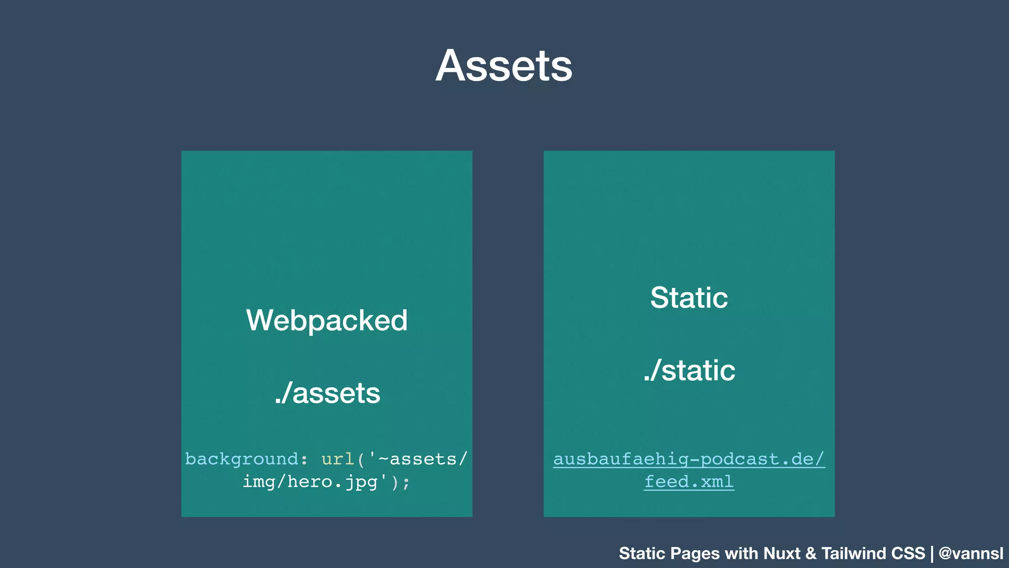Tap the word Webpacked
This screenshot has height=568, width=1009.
pyautogui.click(x=327, y=320)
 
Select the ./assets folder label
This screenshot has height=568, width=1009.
pyautogui.click(x=327, y=393)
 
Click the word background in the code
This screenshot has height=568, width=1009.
pyautogui.click(x=242, y=459)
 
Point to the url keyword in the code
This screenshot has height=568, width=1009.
pyautogui.click(x=338, y=459)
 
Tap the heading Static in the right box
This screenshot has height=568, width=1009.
pyautogui.click(x=689, y=297)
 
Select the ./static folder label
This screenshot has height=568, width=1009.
pyautogui.click(x=689, y=370)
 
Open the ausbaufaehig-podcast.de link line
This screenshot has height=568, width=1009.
pyautogui.click(x=689, y=459)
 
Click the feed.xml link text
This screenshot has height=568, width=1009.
pyautogui.click(x=689, y=482)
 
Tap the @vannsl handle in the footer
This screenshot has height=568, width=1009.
pyautogui.click(x=971, y=553)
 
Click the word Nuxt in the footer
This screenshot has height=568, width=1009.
pyautogui.click(x=782, y=553)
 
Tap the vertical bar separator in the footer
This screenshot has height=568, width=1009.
pyautogui.click(x=932, y=554)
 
